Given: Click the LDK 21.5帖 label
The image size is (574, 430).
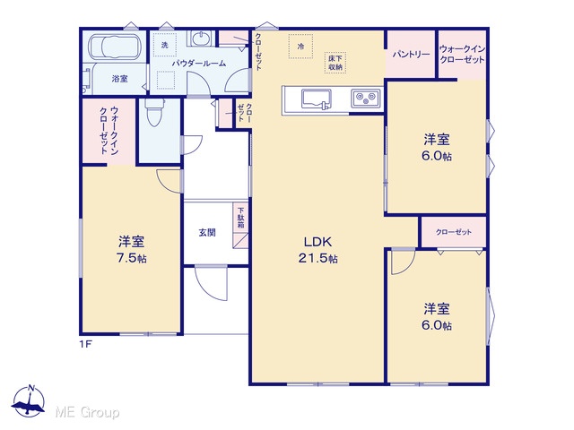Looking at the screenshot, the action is click(x=317, y=250).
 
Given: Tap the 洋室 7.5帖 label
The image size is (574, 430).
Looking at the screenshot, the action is click(x=132, y=250).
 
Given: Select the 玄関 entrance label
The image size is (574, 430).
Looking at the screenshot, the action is click(x=207, y=233).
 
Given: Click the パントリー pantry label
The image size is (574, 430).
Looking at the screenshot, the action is click(x=411, y=55).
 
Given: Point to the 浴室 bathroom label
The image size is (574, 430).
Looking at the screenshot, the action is click(x=119, y=78).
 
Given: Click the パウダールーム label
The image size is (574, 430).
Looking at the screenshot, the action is click(x=199, y=64).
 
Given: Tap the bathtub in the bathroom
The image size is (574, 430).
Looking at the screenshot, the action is click(x=114, y=47).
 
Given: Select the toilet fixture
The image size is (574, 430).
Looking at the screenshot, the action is click(x=154, y=111).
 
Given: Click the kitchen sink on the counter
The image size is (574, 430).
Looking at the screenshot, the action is click(x=317, y=99).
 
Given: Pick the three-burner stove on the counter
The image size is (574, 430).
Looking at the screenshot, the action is click(x=366, y=98).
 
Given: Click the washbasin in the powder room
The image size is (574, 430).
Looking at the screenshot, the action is click(x=199, y=39).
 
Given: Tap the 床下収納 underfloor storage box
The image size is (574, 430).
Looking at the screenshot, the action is click(x=335, y=63).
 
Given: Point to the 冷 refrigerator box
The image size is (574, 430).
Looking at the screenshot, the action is click(x=300, y=47).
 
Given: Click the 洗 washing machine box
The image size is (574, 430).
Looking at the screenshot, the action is click(x=165, y=45).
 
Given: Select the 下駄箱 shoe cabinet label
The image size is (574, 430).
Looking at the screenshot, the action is click(x=240, y=219).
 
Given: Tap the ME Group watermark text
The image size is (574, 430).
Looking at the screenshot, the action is click(x=87, y=412).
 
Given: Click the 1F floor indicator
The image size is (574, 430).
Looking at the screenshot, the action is click(x=85, y=344).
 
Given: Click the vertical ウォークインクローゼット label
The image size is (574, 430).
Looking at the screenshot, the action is click(x=109, y=131).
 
